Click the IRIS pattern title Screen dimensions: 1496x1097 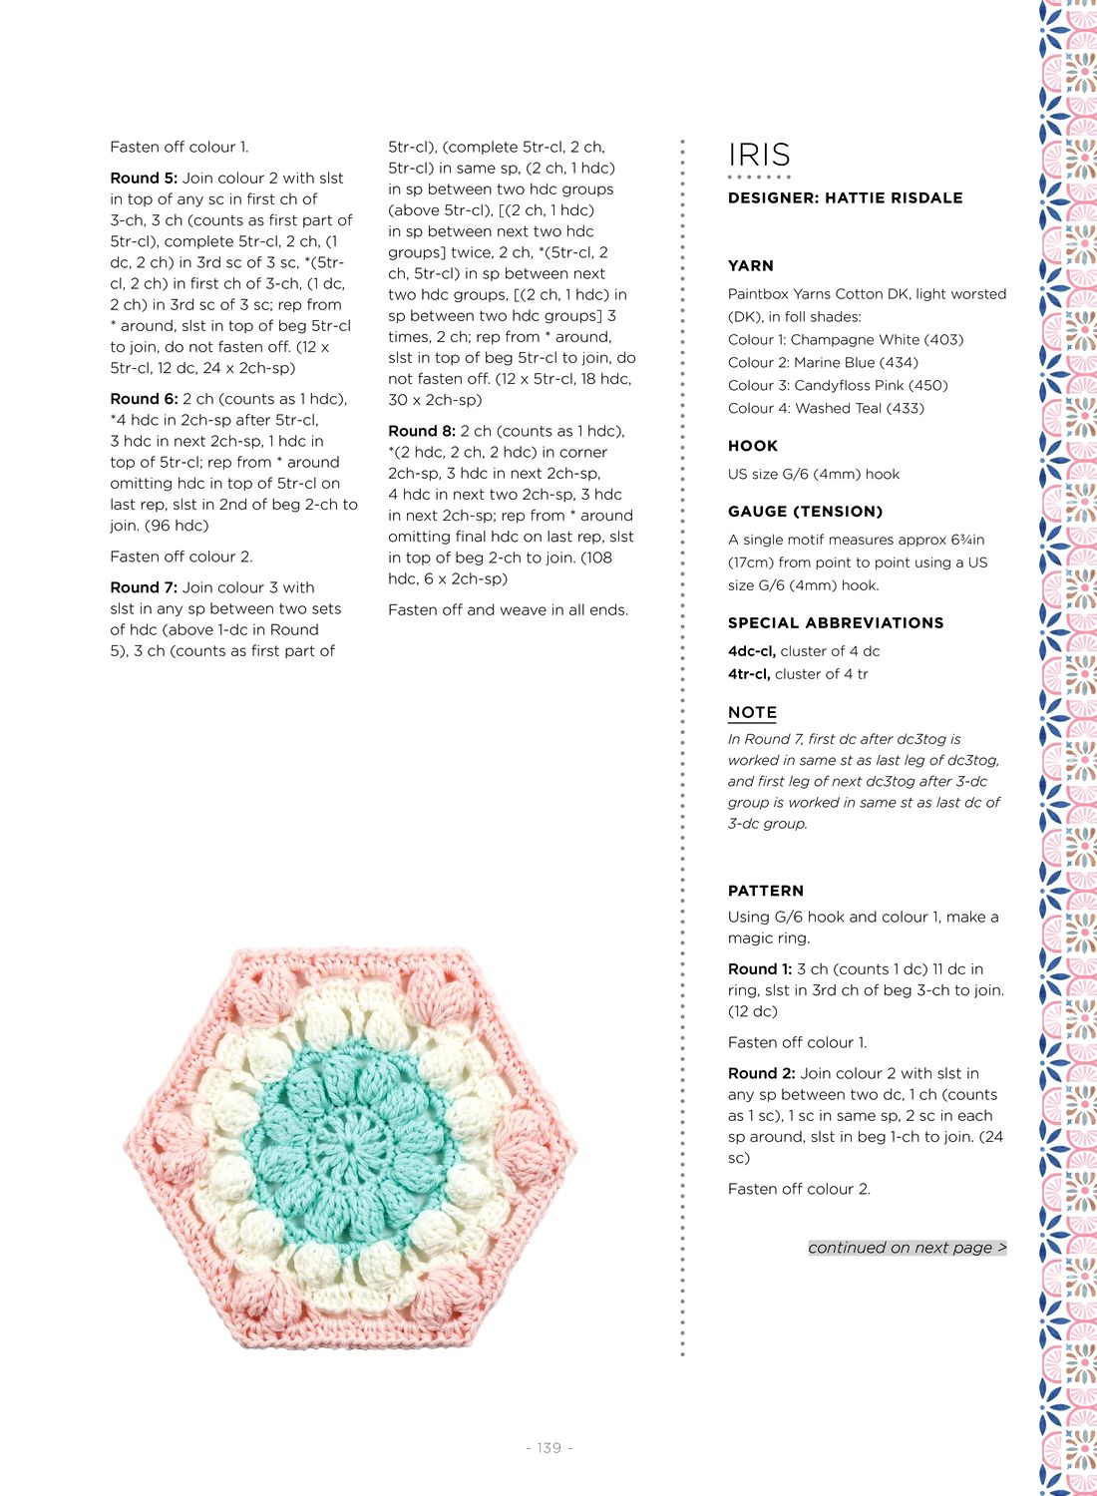click(x=759, y=155)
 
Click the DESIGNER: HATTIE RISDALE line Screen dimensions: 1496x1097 click(x=845, y=197)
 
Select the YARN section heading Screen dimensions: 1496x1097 click(x=751, y=265)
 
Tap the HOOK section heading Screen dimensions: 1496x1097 click(x=753, y=446)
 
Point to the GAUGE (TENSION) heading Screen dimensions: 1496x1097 click(x=805, y=512)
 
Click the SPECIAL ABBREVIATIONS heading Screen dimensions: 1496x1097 click(x=836, y=622)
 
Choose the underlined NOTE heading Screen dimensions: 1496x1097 click(x=752, y=712)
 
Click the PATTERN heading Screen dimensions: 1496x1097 click(x=766, y=891)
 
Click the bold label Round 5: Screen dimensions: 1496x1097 click(x=144, y=178)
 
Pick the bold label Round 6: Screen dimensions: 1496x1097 click(x=144, y=398)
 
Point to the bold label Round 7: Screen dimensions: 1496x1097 click(x=144, y=587)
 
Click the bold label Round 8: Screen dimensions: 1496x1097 click(x=422, y=431)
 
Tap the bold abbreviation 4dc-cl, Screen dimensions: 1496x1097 click(x=752, y=651)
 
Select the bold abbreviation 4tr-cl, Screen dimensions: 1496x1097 click(x=749, y=674)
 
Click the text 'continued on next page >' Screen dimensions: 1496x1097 click(x=907, y=1248)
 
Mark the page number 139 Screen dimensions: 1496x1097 click(x=548, y=1447)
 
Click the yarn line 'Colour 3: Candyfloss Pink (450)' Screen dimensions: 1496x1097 click(x=838, y=385)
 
